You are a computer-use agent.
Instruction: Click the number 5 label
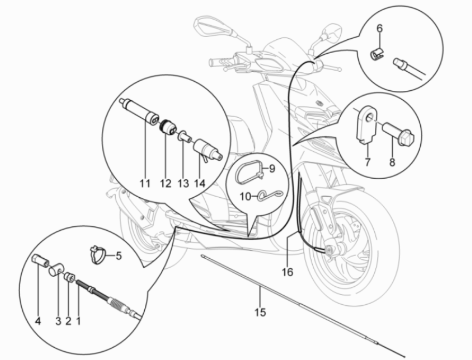118,255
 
